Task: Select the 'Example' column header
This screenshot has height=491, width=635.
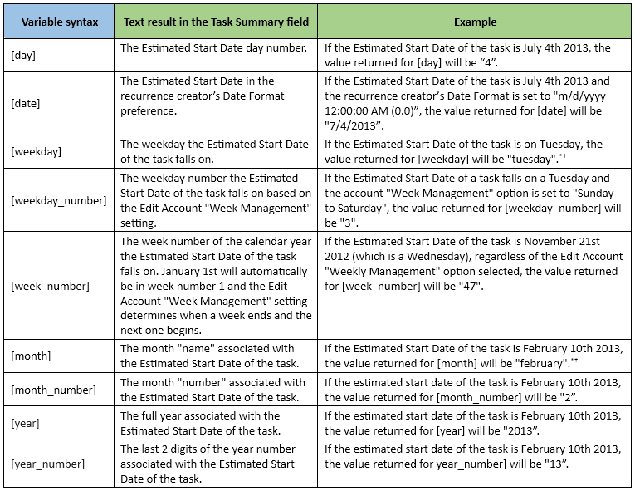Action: [x=474, y=22]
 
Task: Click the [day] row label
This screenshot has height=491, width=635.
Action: [x=23, y=55]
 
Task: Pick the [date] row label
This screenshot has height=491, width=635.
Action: [x=25, y=103]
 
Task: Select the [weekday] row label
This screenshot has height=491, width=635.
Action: [x=36, y=151]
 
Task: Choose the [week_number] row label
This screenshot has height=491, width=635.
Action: [x=50, y=286]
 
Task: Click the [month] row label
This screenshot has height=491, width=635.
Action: [x=31, y=356]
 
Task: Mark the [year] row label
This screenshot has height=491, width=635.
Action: [x=25, y=423]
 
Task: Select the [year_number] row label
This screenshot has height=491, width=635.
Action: [x=47, y=463]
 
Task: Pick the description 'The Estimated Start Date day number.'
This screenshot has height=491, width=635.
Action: [x=213, y=47]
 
